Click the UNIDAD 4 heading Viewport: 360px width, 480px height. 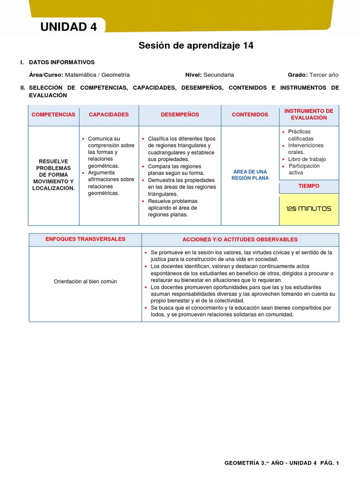[x=68, y=27]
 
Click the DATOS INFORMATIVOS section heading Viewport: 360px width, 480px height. [x=61, y=62]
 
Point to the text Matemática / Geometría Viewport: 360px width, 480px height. [x=97, y=75]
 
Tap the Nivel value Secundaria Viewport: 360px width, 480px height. [x=218, y=75]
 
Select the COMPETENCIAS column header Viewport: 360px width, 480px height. [x=53, y=114]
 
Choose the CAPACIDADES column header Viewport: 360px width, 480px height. [x=109, y=114]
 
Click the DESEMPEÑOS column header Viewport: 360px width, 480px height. [x=180, y=114]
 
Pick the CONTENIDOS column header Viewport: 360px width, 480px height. [x=250, y=114]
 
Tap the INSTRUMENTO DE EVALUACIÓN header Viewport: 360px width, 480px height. [x=308, y=114]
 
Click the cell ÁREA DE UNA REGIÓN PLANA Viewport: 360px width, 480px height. [x=250, y=175]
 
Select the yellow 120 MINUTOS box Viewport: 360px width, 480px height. [x=308, y=209]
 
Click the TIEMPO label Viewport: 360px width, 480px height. [x=308, y=186]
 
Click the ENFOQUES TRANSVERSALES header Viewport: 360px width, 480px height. [x=85, y=239]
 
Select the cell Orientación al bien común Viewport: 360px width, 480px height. [x=85, y=281]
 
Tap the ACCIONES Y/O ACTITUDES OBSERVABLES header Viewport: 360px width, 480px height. [x=240, y=239]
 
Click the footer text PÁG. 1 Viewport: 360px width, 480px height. [x=330, y=463]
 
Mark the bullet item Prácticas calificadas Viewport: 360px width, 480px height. [x=300, y=135]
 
